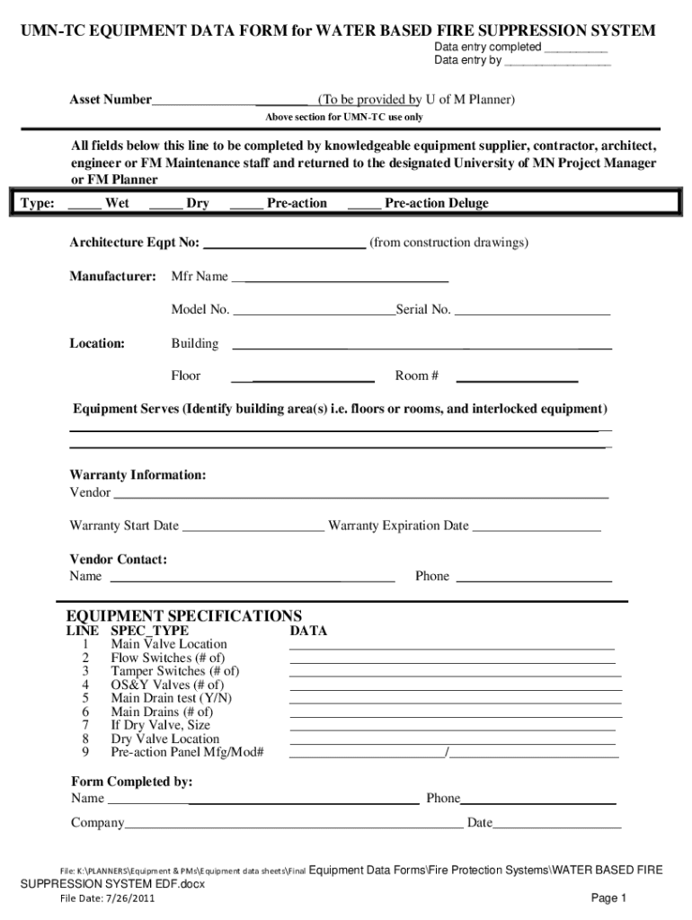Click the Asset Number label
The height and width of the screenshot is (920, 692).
[x=111, y=99]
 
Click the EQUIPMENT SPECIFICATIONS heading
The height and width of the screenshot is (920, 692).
[x=184, y=615]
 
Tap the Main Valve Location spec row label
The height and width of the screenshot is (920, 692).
[x=169, y=644]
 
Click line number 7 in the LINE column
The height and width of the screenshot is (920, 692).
[x=85, y=725]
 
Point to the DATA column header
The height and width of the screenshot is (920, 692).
[x=307, y=631]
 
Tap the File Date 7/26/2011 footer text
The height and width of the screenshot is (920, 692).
[x=99, y=898]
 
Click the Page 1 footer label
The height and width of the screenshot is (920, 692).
[x=608, y=898]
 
